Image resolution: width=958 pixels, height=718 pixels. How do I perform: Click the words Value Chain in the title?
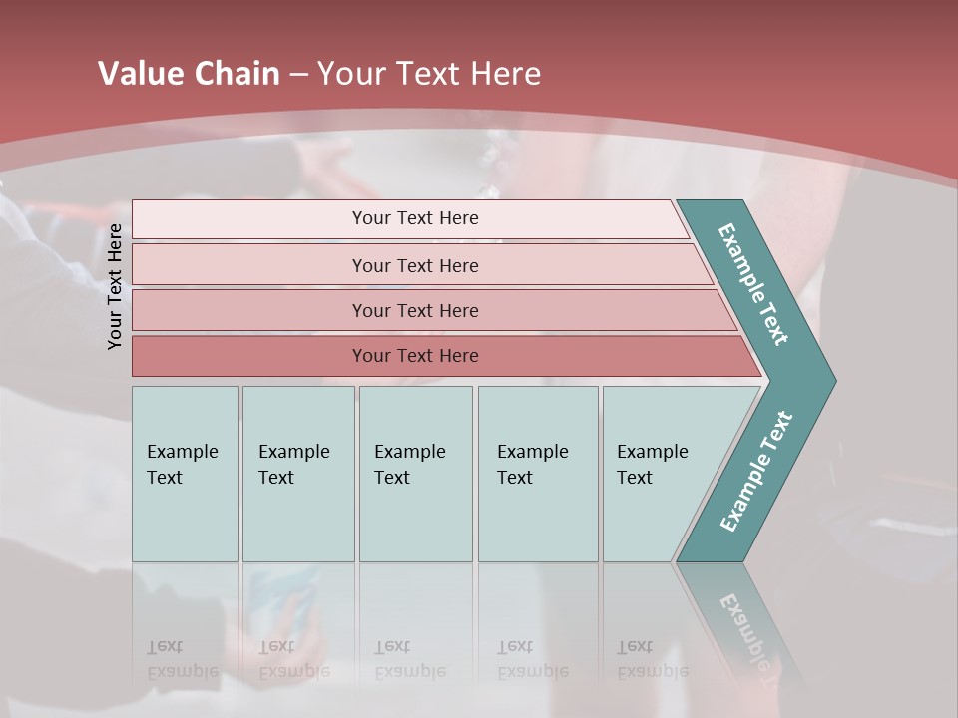click(189, 74)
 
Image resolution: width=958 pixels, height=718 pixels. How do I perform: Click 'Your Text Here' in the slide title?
click(429, 74)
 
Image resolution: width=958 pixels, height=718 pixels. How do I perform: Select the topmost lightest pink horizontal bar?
click(415, 218)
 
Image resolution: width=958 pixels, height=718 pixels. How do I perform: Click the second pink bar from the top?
click(415, 265)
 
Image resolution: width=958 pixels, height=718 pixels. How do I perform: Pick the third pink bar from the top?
click(415, 310)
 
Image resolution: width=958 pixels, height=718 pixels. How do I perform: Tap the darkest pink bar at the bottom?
click(415, 356)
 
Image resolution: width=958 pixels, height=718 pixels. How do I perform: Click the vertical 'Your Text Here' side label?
click(115, 286)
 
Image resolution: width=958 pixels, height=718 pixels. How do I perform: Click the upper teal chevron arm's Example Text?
click(753, 284)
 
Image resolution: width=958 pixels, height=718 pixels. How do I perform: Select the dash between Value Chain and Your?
click(298, 75)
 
